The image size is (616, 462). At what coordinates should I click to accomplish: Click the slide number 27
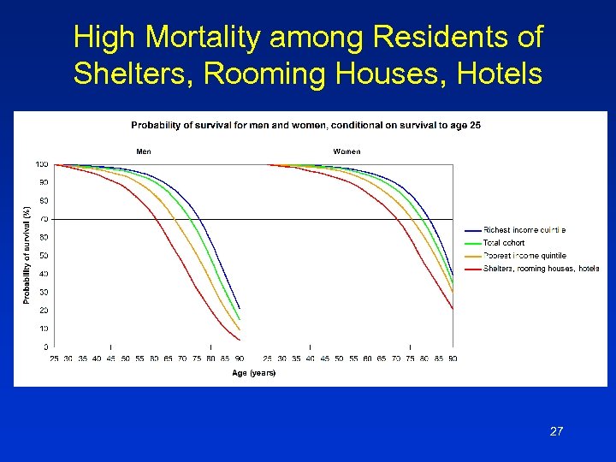point(556,431)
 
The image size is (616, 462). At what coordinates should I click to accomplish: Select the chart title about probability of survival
point(305,126)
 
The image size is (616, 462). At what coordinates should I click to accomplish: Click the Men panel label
point(144,151)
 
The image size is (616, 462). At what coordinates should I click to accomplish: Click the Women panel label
point(346,151)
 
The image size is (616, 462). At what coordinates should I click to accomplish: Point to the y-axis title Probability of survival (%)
point(27,255)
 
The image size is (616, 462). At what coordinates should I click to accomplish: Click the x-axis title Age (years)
point(254,372)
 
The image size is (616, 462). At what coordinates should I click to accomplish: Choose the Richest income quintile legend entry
point(524,230)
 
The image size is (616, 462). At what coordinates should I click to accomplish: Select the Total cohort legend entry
point(504,243)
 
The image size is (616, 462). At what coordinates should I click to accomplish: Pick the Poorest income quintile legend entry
point(524,256)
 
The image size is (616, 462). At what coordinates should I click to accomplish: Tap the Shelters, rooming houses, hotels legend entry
point(541,269)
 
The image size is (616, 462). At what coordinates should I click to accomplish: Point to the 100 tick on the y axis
point(41,164)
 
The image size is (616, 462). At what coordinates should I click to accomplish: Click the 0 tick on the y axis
point(45,346)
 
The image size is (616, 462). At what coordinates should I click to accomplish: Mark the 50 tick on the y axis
point(43,256)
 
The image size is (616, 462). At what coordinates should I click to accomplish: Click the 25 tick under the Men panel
point(54,358)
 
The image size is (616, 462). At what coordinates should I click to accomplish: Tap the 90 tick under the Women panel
point(453,358)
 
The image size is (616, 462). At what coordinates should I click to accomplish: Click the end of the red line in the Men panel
point(240,341)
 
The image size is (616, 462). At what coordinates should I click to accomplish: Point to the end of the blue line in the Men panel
point(240,308)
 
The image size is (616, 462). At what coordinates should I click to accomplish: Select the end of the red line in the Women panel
point(453,308)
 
